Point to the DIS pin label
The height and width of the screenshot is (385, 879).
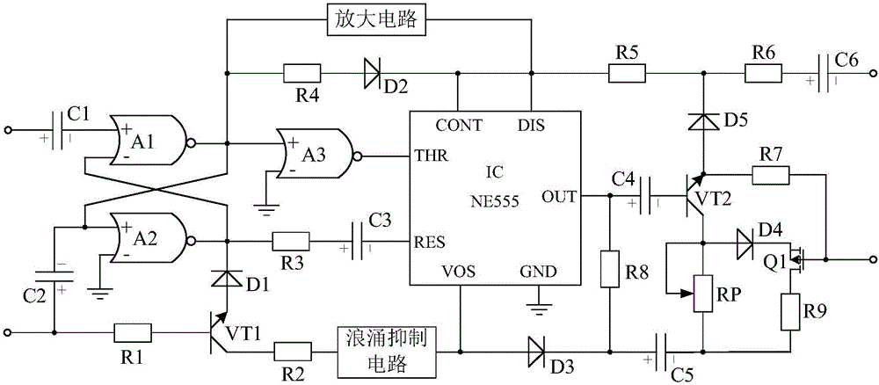point(531,125)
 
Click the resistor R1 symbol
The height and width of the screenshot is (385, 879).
point(133,333)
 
